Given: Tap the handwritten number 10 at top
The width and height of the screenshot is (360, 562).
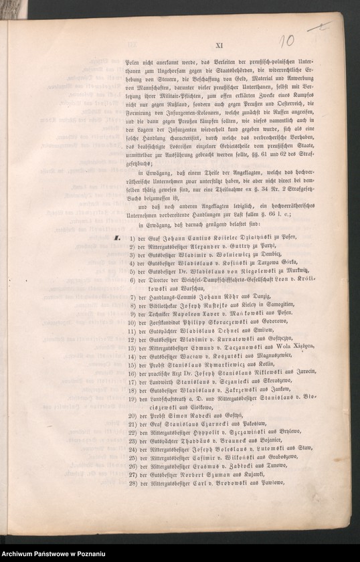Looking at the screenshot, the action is pos(286,42).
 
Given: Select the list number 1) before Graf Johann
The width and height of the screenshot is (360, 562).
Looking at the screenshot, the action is pos(133,236).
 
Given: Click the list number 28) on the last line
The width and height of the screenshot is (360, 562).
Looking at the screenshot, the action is pos(134,482).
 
